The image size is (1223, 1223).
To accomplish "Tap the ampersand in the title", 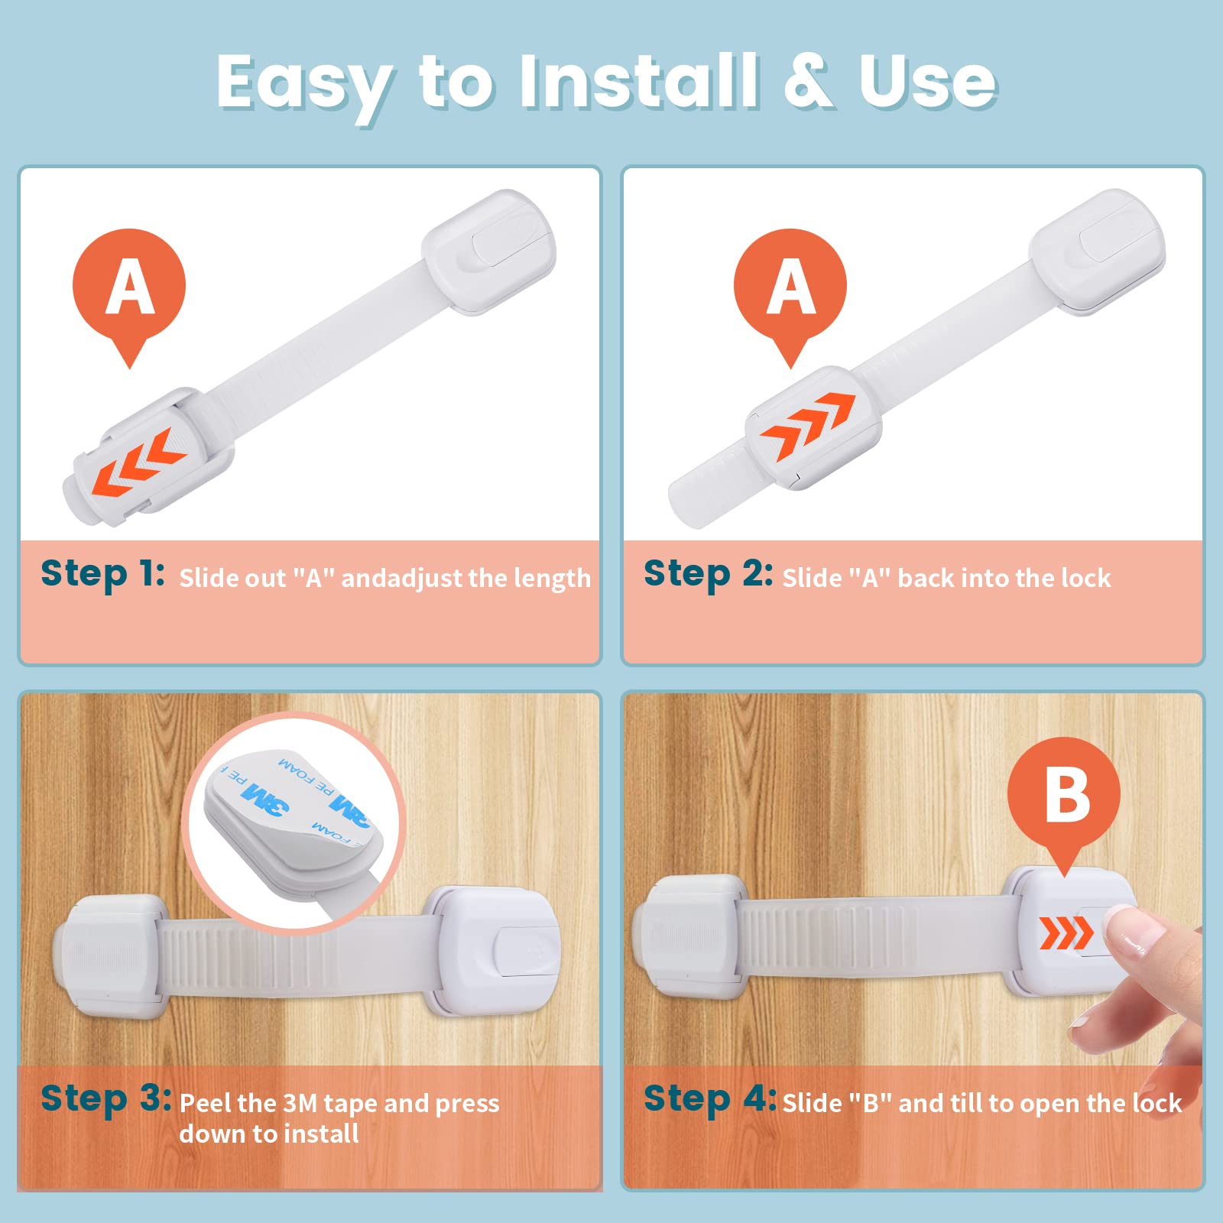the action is click(x=809, y=81).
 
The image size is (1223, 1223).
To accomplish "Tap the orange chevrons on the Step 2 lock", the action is click(x=806, y=424).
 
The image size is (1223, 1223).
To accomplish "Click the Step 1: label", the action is click(x=102, y=574).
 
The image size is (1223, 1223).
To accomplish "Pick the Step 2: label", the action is click(x=708, y=574).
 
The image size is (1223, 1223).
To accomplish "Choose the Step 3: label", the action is click(x=106, y=1100).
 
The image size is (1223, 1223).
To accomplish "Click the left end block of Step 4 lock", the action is click(x=689, y=937).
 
